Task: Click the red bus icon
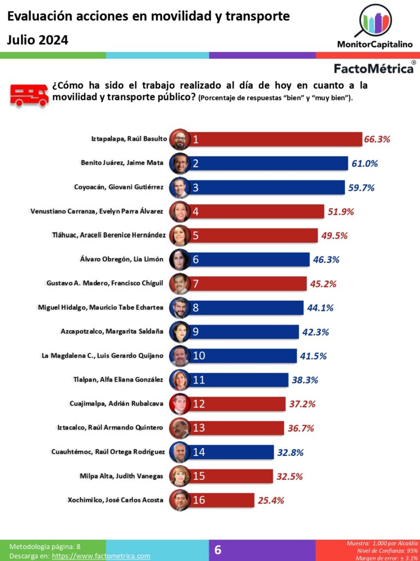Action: [x=28, y=94]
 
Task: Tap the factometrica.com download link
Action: [x=101, y=556]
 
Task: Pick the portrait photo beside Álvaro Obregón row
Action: [x=179, y=259]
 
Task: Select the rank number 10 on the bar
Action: [x=199, y=356]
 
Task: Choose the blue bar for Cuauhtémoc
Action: [x=235, y=452]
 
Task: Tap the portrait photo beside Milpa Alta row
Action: [x=179, y=476]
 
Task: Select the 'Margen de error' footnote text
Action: [x=390, y=557]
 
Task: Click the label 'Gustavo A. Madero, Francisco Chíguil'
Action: [x=105, y=283]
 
